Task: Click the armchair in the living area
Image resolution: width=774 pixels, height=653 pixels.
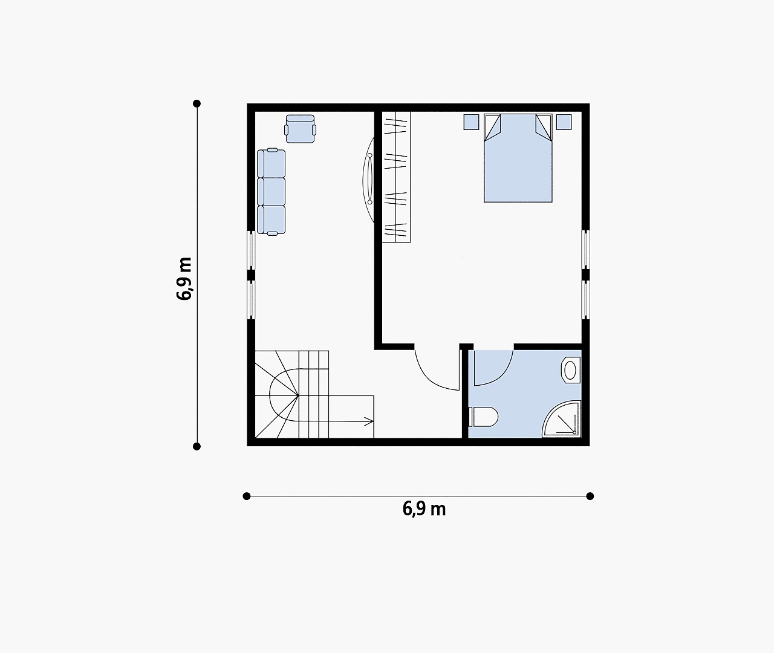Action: pos(301,129)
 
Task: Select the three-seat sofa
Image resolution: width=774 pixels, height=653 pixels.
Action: pos(272,192)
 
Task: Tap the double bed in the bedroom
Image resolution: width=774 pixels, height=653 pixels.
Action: pos(518,158)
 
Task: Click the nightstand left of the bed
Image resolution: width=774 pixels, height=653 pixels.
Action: pos(471,122)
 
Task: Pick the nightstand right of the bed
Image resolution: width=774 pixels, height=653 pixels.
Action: pos(564,122)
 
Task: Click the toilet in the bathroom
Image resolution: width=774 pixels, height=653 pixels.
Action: pos(483,417)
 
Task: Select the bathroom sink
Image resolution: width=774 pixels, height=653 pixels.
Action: pos(570,370)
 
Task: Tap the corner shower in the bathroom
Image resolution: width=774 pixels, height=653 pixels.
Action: pos(561,419)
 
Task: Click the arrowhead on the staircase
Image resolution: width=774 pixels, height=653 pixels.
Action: pos(368,421)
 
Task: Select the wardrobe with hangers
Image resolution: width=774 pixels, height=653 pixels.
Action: pos(396,177)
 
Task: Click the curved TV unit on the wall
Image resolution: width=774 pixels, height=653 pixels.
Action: pos(368,180)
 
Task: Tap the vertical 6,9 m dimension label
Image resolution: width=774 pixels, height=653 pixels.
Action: pos(184,278)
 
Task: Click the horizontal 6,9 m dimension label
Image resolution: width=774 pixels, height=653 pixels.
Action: pos(424,509)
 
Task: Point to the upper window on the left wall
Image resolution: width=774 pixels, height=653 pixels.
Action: pos(252,250)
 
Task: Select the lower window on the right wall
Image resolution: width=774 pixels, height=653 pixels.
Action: pos(586,300)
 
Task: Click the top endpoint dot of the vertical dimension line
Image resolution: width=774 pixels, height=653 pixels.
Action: pos(197,103)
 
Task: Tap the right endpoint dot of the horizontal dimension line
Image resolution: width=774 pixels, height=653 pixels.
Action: pos(590,496)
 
